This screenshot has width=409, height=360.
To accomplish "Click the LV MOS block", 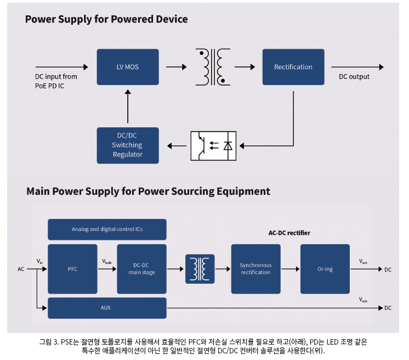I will coord(128,67).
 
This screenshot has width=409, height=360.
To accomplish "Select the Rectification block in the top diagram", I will coord(293,67).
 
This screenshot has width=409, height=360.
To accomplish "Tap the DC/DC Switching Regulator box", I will coord(128,145).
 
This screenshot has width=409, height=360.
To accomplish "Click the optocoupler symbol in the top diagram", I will coord(213,145).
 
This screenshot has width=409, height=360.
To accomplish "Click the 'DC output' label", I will coord(354,77).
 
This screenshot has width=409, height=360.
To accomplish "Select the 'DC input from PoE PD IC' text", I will coord(56,81).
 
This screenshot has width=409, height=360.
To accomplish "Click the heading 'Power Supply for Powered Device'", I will coord(106,19).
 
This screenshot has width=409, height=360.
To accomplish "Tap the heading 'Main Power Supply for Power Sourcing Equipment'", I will coord(148,192).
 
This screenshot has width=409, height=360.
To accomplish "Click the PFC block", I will coord(72,269).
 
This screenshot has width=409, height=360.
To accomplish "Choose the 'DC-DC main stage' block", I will coord(141,269).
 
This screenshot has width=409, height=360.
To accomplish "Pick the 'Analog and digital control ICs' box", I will coord(107,229).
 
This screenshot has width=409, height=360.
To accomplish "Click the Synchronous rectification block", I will coord(255,269).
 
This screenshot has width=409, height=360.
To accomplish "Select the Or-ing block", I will coord(325,269).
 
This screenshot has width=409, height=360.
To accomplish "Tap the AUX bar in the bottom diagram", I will coord(107,308).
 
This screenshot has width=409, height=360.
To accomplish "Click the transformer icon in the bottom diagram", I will coord(200,269).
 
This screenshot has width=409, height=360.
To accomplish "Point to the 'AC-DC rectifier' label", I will coord(289,233).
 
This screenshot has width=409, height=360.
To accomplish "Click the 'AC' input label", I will coord(21,269).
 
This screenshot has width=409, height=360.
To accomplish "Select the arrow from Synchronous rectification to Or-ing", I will coord(290,269).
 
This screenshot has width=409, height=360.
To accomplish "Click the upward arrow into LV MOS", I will coord(128,107).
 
